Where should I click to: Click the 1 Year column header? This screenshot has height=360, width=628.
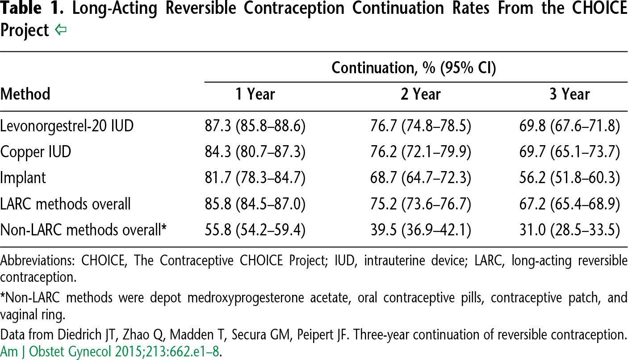(255, 94)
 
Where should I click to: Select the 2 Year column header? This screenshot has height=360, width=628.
(421, 94)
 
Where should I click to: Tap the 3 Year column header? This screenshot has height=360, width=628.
(569, 94)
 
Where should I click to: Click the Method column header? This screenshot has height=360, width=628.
(25, 94)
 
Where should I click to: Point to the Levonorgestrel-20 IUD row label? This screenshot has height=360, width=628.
(67, 126)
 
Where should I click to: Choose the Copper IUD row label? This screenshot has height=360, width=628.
(36, 152)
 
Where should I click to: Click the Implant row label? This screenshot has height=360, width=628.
(23, 178)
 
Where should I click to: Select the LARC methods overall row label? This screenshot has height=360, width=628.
(66, 204)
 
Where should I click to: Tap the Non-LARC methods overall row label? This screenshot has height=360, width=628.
(84, 230)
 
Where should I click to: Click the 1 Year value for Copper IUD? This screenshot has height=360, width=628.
(255, 152)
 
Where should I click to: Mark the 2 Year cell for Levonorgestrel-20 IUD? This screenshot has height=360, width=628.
(421, 126)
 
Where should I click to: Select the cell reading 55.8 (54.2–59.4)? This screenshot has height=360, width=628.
(255, 230)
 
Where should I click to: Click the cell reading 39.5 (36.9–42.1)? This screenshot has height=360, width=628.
(421, 230)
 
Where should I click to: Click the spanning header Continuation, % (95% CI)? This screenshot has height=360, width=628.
(414, 68)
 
